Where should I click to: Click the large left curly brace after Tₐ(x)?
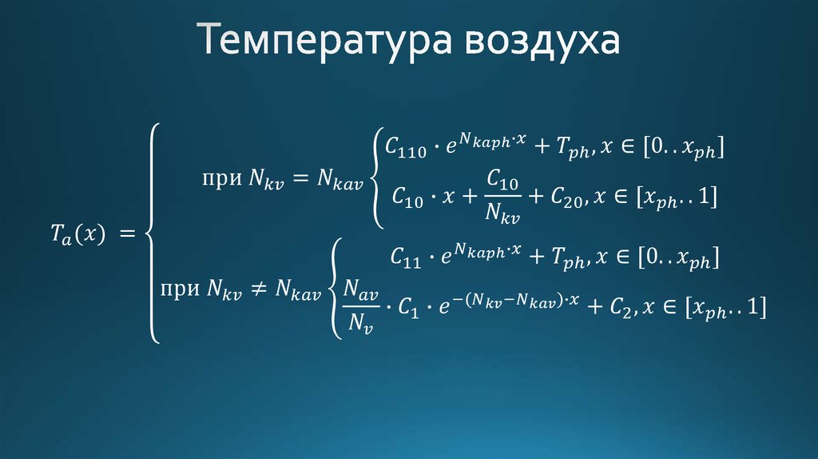(x=152, y=233)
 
